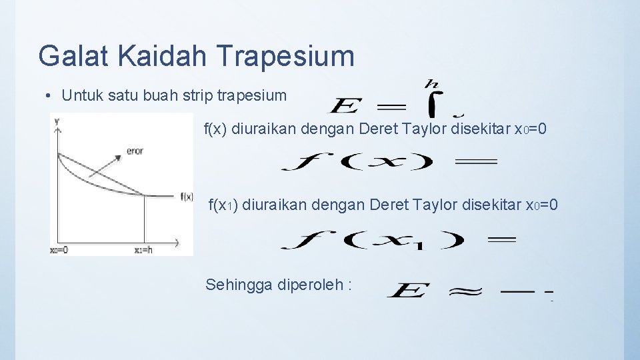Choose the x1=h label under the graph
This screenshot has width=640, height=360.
pos(144,250)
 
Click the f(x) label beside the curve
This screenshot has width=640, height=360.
pos(187,196)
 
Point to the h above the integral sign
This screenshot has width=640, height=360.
pos(431,83)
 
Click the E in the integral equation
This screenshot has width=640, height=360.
pos(346,106)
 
